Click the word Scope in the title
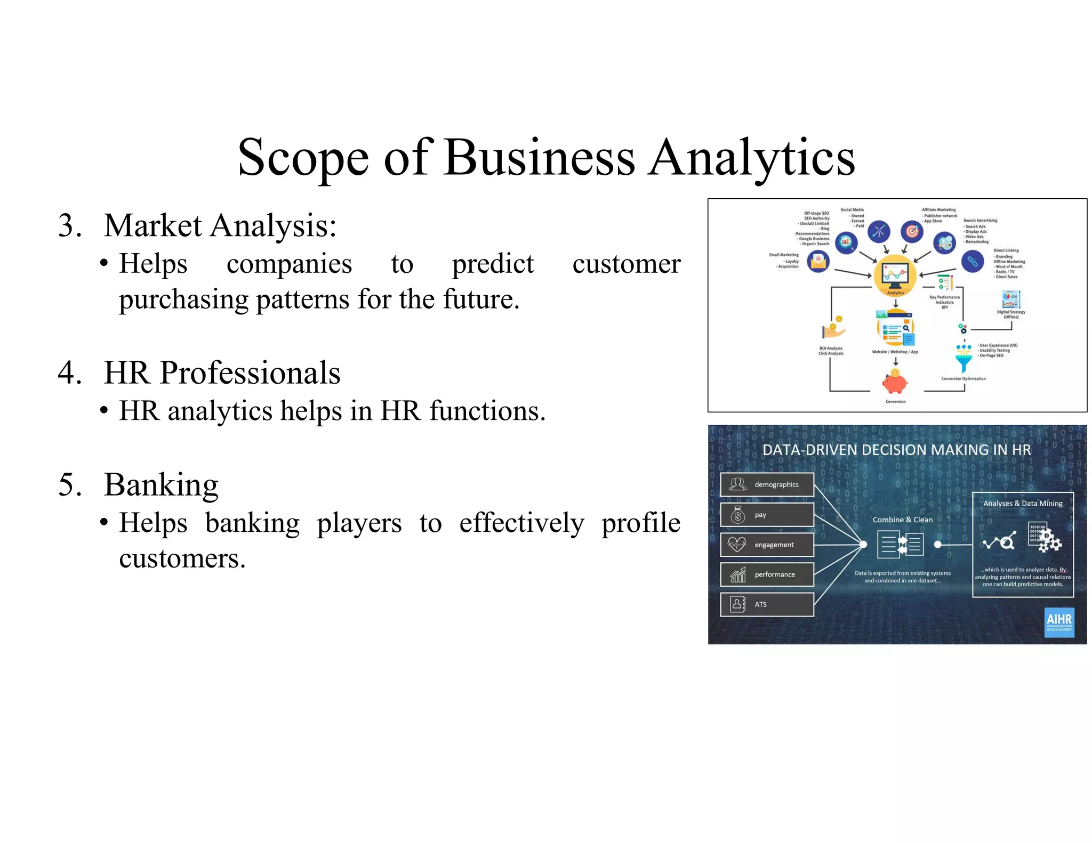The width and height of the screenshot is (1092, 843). pos(303,158)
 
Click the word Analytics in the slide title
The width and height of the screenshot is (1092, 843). pos(751,158)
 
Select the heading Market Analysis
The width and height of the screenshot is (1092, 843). pos(220,225)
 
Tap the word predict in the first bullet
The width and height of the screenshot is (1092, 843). pos(492,264)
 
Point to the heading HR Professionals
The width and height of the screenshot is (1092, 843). pos(222,372)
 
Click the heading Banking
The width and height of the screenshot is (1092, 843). pos(161,485)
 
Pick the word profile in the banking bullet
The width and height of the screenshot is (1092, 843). pos(640,523)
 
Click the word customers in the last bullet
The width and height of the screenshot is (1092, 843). pos(182,558)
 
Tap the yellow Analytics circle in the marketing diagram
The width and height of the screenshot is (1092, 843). pos(895,275)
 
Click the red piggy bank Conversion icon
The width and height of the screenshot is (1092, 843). pos(895,382)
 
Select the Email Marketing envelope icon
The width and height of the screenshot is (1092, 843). pos(818,261)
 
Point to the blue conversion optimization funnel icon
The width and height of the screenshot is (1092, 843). pos(963,358)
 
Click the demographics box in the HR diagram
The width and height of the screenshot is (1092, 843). pos(767,484)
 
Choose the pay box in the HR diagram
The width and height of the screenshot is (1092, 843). pos(767,515)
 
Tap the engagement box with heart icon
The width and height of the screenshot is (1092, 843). pos(767,545)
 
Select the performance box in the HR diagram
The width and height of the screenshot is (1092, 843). pos(767,574)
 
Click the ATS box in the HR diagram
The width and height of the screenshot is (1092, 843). pos(767,604)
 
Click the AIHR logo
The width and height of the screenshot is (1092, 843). pos(1058,622)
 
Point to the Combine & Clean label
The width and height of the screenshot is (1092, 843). pos(902,520)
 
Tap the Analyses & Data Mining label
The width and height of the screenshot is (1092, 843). pos(1022,504)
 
